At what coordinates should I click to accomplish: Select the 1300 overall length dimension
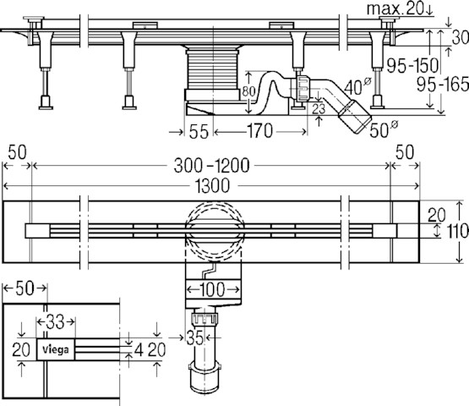pyautogui.click(x=213, y=185)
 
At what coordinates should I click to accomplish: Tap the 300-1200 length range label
pyautogui.click(x=211, y=166)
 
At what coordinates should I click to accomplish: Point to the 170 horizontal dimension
pyautogui.click(x=259, y=131)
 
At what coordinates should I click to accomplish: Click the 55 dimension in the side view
pyautogui.click(x=199, y=131)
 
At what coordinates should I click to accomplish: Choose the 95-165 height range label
pyautogui.click(x=443, y=84)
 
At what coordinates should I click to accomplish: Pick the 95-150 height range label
pyautogui.click(x=412, y=65)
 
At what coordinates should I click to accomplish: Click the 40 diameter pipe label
pyautogui.click(x=357, y=86)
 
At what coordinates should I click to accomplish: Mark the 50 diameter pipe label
pyautogui.click(x=384, y=129)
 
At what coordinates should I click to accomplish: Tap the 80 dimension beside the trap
pyautogui.click(x=248, y=91)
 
